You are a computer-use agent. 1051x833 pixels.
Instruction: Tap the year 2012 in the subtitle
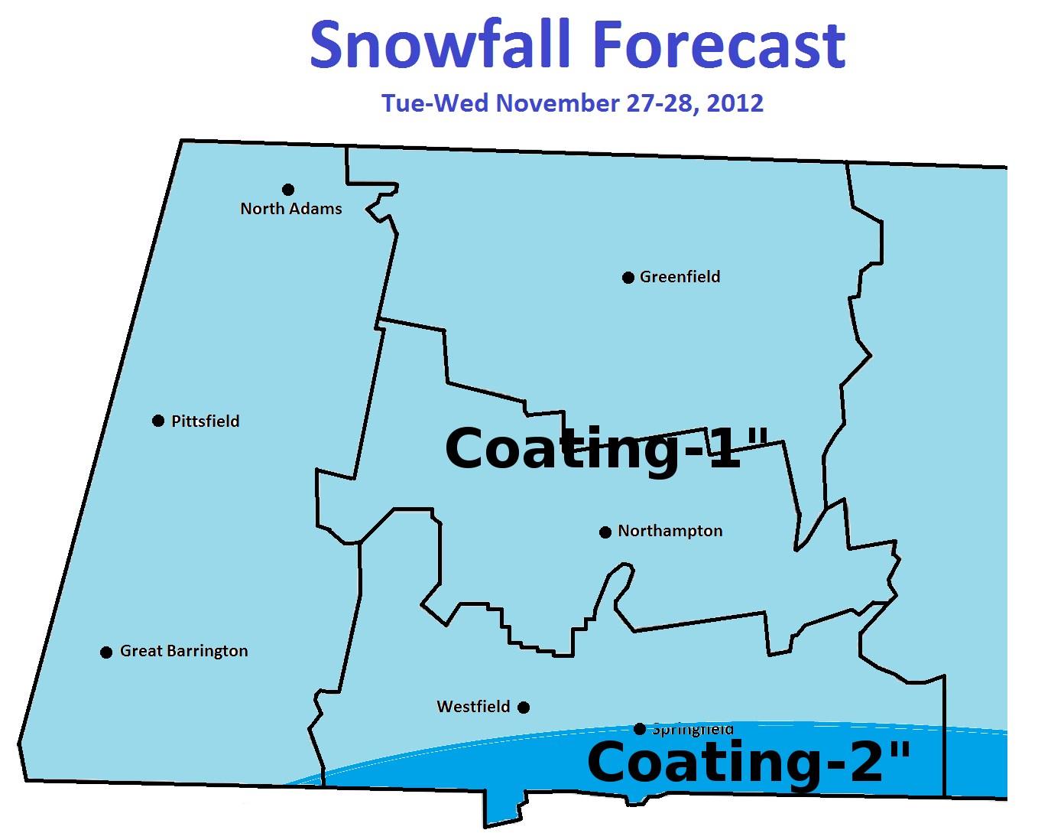tap(735, 103)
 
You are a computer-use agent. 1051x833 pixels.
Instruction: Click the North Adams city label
tap(291, 209)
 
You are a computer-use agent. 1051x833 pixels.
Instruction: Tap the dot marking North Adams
tap(288, 190)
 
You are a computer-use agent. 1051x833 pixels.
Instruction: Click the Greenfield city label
tap(680, 277)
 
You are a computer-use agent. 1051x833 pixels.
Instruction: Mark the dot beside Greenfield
tap(628, 278)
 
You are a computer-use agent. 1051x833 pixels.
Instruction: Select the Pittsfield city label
tap(205, 421)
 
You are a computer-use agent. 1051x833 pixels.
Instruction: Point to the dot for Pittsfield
tap(158, 421)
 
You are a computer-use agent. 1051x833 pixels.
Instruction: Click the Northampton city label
tap(670, 531)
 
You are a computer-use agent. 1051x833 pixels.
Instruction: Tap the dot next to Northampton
tap(605, 532)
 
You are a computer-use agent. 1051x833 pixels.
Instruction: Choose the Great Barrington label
tap(183, 651)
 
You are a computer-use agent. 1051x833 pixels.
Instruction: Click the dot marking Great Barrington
tap(106, 652)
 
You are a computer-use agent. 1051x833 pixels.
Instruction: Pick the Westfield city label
tap(473, 707)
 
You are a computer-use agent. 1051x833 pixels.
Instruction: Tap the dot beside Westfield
tap(524, 708)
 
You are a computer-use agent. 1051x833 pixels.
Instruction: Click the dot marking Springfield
tap(640, 729)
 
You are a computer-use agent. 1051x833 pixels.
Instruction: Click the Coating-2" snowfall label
tap(749, 763)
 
